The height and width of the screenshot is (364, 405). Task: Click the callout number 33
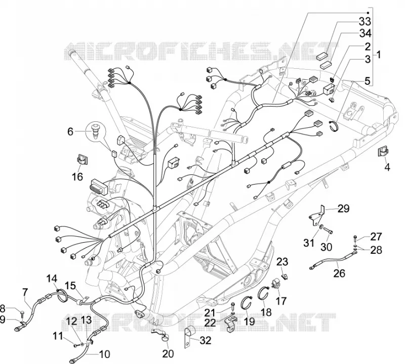tap(364, 22)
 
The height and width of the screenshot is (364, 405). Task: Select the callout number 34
tap(365, 34)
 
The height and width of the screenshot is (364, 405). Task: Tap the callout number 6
tap(70, 131)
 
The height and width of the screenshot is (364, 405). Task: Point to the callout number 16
tap(77, 177)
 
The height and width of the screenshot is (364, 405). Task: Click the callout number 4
tap(387, 167)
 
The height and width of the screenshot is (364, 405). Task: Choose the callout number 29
tap(343, 208)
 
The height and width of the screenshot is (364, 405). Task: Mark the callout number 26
tap(339, 273)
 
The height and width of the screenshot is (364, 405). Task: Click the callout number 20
tap(168, 354)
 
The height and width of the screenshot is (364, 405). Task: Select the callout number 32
tap(206, 341)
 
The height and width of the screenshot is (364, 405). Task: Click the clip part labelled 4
tap(383, 151)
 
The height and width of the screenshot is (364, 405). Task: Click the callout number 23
tap(282, 262)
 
